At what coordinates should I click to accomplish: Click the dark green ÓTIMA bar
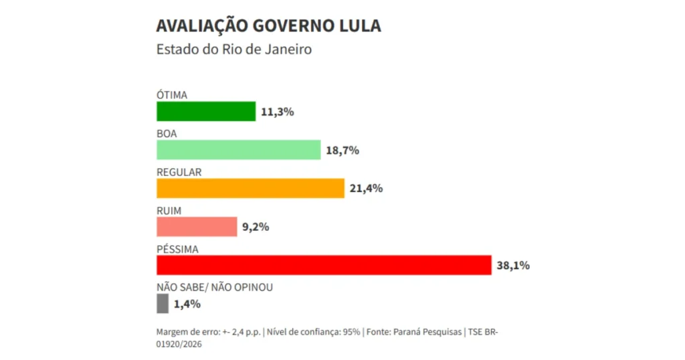pyautogui.click(x=206, y=111)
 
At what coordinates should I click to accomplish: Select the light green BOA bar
pyautogui.click(x=239, y=150)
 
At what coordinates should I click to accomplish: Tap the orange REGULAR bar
pyautogui.click(x=250, y=188)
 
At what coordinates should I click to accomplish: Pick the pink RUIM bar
pyautogui.click(x=197, y=227)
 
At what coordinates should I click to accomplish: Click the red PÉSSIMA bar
pyautogui.click(x=324, y=265)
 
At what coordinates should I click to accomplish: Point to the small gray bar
pyautogui.click(x=163, y=304)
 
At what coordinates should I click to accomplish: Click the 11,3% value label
pyautogui.click(x=278, y=112)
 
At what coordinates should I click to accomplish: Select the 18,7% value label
pyautogui.click(x=342, y=151)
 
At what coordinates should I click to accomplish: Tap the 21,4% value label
pyautogui.click(x=366, y=189)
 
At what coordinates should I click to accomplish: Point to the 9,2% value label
pyautogui.click(x=255, y=227)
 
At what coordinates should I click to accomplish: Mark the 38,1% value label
pyautogui.click(x=513, y=266)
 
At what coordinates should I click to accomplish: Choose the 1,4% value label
pyautogui.click(x=187, y=304)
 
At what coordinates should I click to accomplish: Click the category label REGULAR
pyautogui.click(x=179, y=172)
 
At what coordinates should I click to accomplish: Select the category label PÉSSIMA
pyautogui.click(x=177, y=249)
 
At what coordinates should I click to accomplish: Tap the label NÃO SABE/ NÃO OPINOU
pyautogui.click(x=215, y=288)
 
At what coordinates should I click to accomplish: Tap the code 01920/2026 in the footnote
pyautogui.click(x=179, y=344)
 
